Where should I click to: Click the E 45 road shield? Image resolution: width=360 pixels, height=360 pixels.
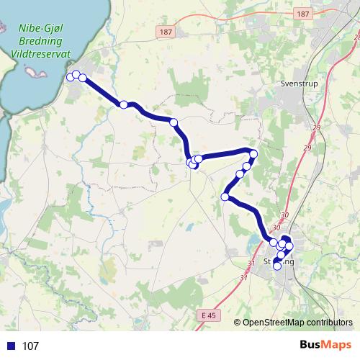pyautogui.click(x=209, y=315)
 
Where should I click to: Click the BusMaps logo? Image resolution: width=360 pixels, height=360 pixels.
pyautogui.click(x=323, y=346)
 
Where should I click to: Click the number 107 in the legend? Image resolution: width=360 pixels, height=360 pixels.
pyautogui.click(x=30, y=346)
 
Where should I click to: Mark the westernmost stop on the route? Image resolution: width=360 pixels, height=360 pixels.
pyautogui.click(x=70, y=77)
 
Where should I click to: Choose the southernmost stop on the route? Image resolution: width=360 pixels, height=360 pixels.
pyautogui.click(x=277, y=266)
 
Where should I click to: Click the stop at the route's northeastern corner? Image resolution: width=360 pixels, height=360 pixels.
pyautogui.click(x=253, y=153)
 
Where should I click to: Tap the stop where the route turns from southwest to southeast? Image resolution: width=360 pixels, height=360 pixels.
pyautogui.click(x=225, y=197)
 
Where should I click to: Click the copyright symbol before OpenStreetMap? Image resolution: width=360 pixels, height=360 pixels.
pyautogui.click(x=238, y=323)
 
